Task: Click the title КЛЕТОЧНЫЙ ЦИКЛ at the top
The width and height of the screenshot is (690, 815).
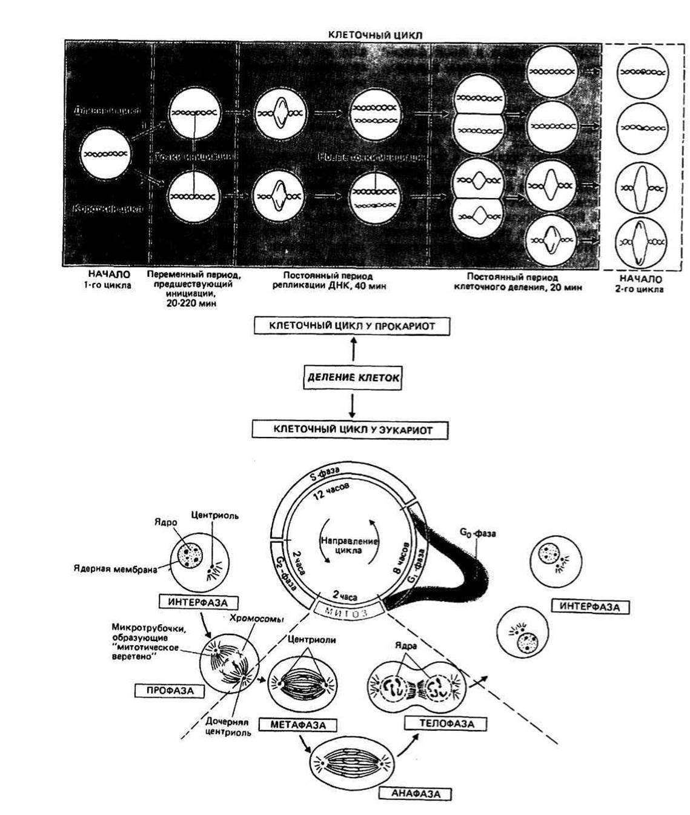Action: [x=374, y=35]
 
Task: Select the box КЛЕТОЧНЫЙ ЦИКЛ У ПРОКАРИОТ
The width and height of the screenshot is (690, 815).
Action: [x=352, y=326]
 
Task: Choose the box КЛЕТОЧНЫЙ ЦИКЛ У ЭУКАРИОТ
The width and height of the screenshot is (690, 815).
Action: [x=352, y=430]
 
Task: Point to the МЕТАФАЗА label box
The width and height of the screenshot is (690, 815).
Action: [x=297, y=725]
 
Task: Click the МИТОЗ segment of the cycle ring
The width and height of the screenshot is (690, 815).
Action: [x=350, y=610]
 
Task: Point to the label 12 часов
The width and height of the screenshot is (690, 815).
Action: [x=331, y=494]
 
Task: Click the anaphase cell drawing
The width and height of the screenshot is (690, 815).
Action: [x=351, y=758]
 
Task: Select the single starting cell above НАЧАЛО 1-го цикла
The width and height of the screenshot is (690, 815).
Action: [x=106, y=155]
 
